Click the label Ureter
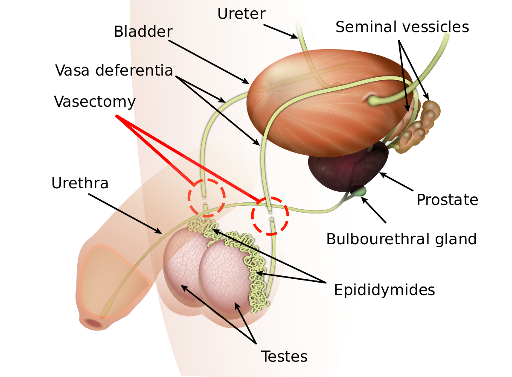click(241, 13)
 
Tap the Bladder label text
click(143, 32)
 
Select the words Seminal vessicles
click(402, 27)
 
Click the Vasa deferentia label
click(114, 70)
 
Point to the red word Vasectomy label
click(95, 102)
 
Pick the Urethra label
click(80, 183)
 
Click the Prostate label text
click(447, 199)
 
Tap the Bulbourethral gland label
click(401, 239)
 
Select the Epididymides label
click(384, 290)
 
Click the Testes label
click(284, 356)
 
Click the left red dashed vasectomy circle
click(207, 197)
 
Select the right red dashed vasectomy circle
click(270, 216)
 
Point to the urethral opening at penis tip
click(94, 323)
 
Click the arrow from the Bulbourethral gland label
click(374, 210)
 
